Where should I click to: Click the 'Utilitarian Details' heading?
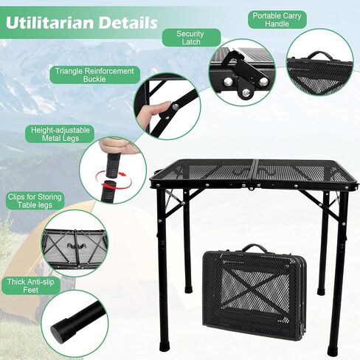pos(81,23)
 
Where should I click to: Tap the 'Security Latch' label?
pos(191,38)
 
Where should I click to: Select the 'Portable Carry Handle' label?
pos(277,20)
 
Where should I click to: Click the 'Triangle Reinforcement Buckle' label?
pos(94,75)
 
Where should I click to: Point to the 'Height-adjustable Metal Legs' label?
pos(60,134)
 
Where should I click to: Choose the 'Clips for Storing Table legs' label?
pos(35,201)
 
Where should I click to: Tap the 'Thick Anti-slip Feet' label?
pos(31,285)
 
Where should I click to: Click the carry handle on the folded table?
pos(251,249)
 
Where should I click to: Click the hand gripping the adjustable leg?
pos(117,146)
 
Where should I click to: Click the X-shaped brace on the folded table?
pos(255,290)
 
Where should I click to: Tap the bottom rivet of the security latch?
pos(246,92)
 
